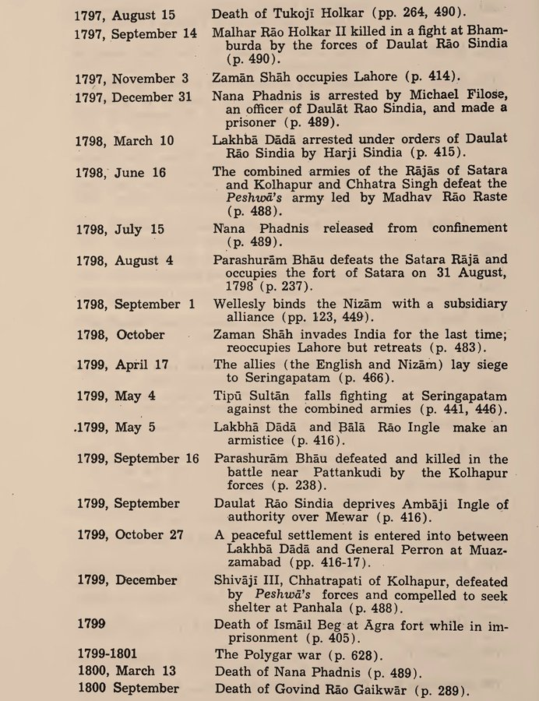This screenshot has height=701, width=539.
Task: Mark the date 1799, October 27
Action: (x=132, y=535)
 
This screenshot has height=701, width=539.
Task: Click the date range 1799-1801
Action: (x=109, y=654)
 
